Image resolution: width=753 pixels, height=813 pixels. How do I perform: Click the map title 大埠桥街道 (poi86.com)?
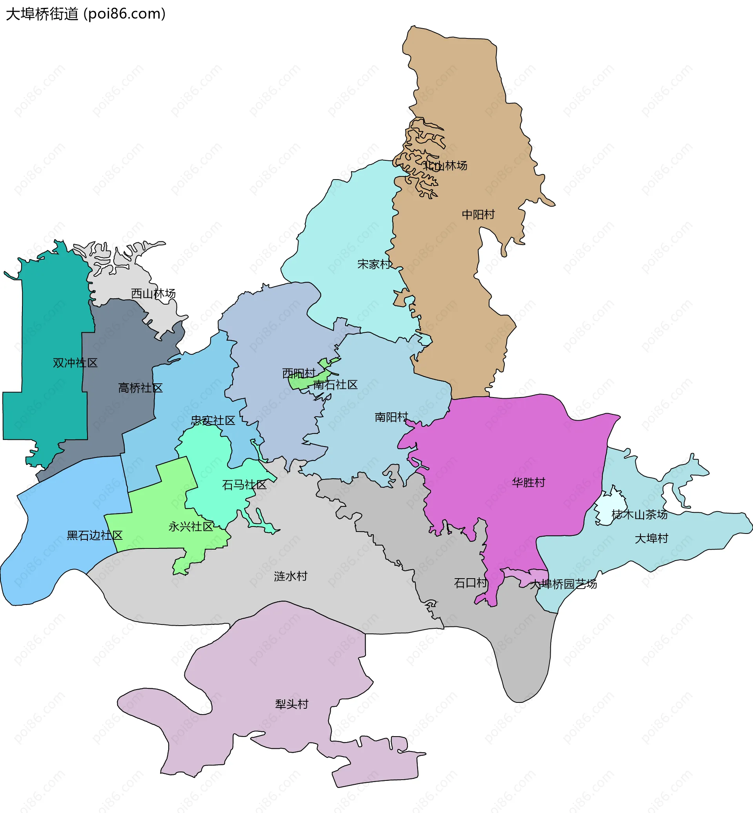click(85, 14)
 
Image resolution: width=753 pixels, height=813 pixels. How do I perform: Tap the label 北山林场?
click(445, 166)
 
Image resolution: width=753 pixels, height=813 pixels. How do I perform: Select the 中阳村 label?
click(478, 215)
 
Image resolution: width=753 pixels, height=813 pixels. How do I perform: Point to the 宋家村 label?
click(374, 264)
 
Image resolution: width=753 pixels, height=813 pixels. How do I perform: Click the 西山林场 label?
click(153, 293)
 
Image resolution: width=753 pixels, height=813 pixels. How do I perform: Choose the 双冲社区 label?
click(75, 363)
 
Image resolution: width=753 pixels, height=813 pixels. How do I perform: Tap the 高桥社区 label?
click(140, 388)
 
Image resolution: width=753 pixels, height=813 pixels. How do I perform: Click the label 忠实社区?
click(213, 420)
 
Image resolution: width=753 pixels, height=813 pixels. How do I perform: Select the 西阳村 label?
click(299, 373)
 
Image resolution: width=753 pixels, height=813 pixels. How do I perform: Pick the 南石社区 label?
click(335, 385)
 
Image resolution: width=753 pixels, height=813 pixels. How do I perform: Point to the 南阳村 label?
click(391, 417)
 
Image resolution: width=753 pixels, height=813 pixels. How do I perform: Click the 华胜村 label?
click(529, 483)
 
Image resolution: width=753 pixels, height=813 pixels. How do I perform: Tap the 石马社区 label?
click(244, 485)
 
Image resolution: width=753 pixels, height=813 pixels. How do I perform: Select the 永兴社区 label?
click(191, 527)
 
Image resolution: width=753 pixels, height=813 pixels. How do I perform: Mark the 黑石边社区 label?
click(95, 535)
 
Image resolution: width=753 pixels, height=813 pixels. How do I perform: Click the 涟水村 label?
click(291, 576)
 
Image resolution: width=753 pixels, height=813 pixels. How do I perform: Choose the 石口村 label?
click(471, 583)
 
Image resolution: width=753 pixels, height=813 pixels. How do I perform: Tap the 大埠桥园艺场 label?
click(563, 584)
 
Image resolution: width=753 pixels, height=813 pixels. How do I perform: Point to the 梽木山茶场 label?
click(639, 515)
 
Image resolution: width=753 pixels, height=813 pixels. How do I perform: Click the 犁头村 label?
click(292, 704)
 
